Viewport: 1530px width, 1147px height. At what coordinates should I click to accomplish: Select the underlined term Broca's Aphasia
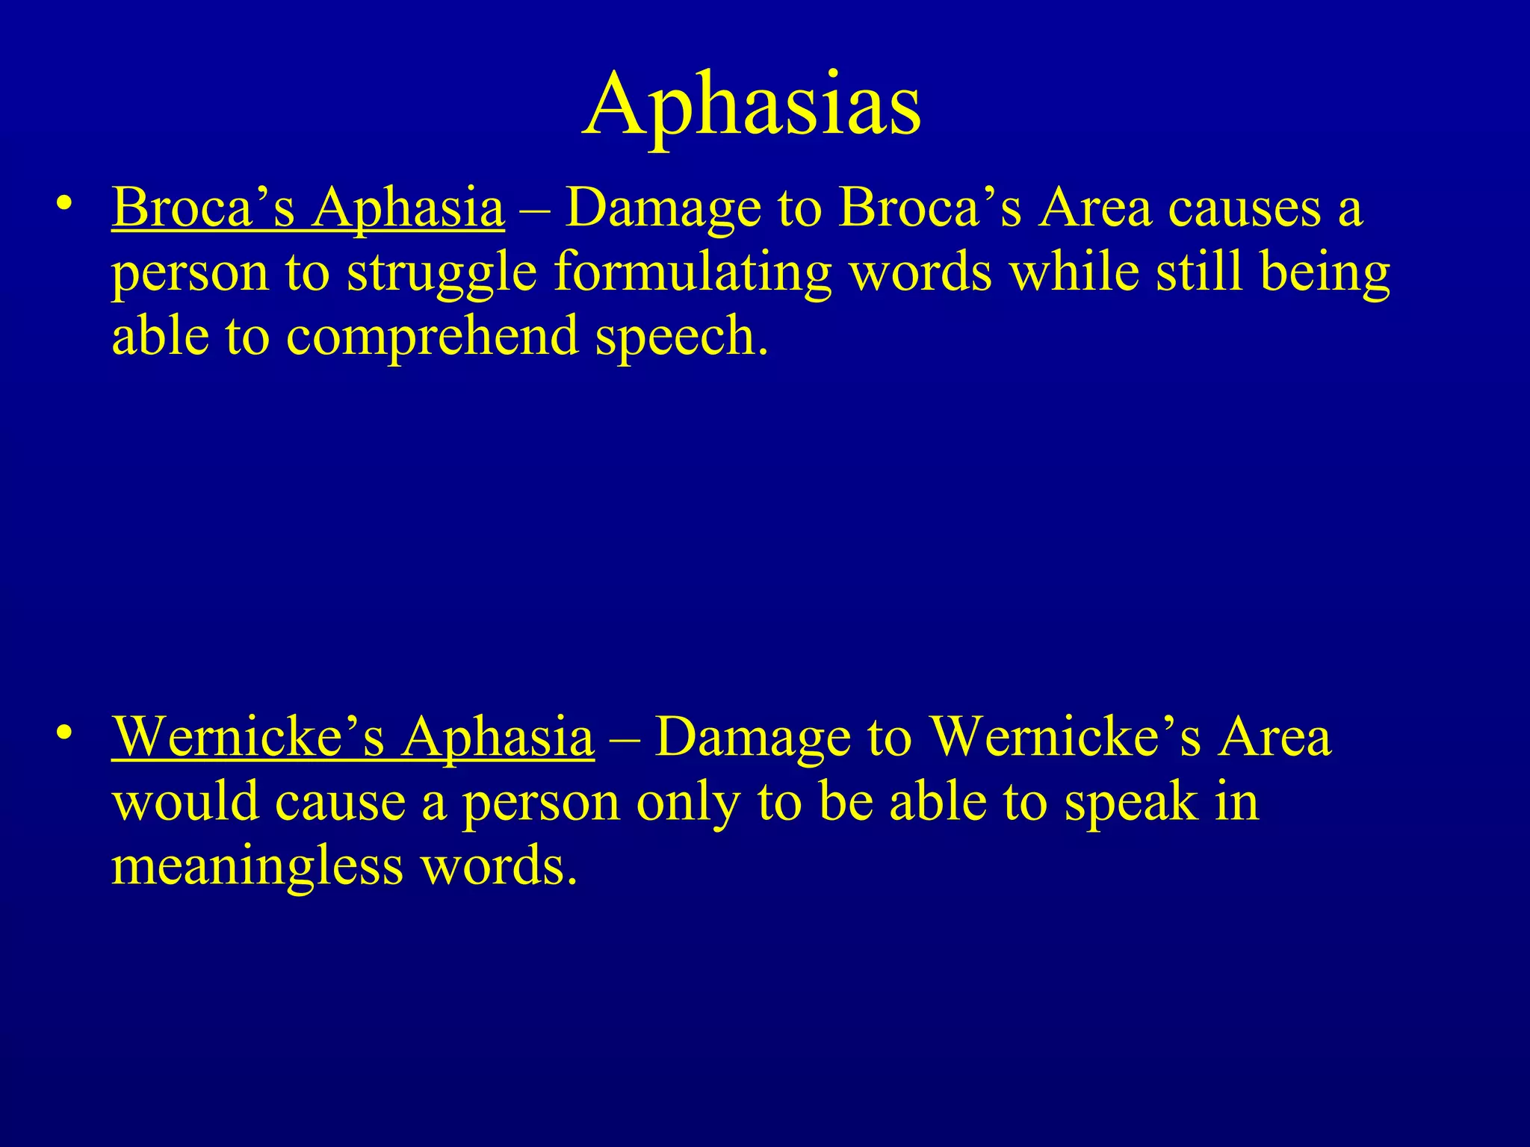tap(308, 208)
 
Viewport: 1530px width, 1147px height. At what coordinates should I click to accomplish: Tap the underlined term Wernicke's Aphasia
tap(353, 737)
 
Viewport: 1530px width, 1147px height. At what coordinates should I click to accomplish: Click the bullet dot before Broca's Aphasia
tap(65, 203)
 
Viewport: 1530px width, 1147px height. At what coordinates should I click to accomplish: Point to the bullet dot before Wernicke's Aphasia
tap(65, 732)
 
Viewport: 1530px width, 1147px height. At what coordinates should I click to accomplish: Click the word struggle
tap(442, 273)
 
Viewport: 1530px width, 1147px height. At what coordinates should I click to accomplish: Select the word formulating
tap(693, 273)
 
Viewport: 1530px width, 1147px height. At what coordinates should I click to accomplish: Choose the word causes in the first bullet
tap(1245, 208)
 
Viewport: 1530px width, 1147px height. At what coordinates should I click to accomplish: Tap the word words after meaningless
tap(499, 866)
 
